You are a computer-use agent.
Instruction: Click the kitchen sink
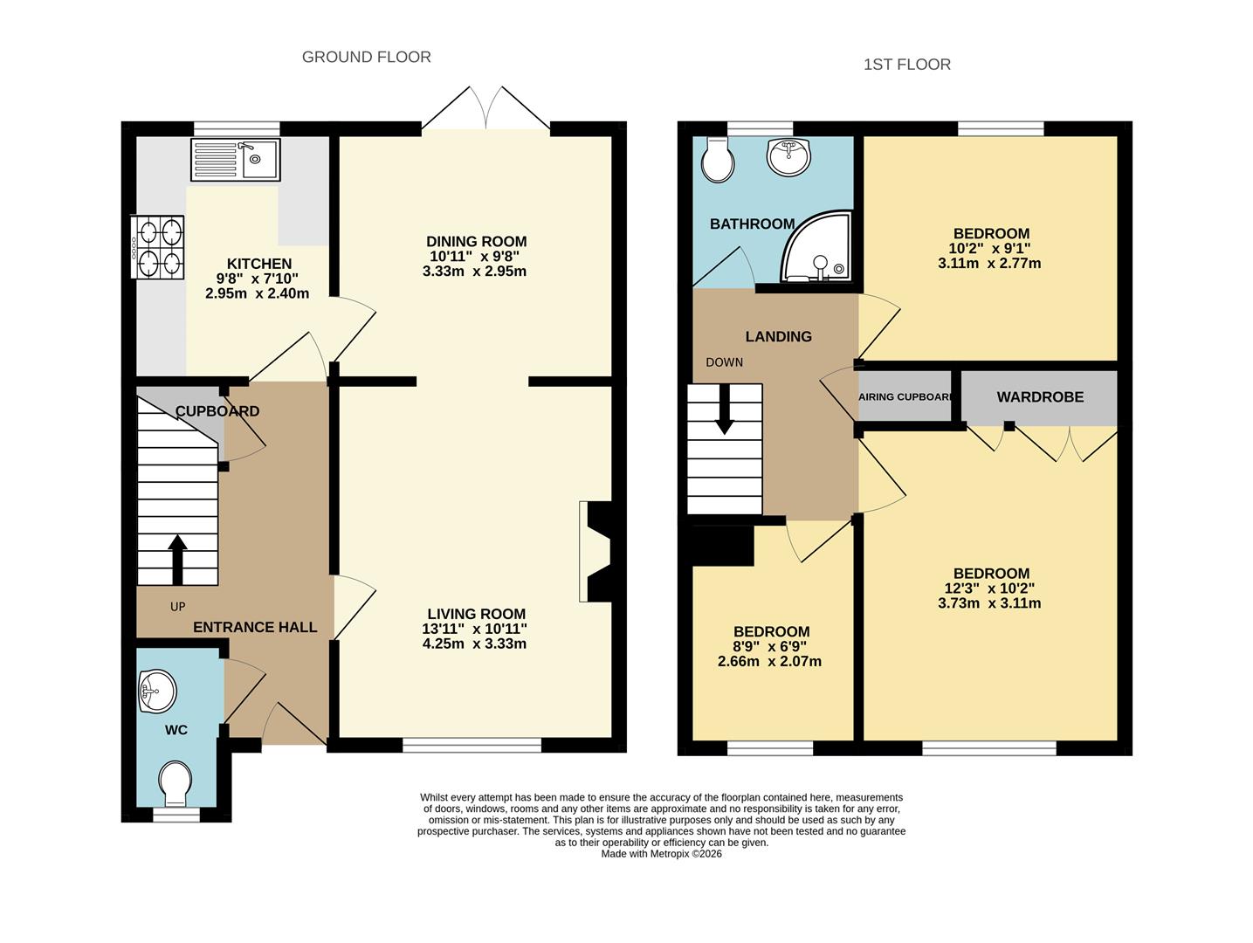pos(235,159)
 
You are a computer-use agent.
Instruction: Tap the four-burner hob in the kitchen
pos(157,247)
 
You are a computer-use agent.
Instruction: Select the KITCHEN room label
pos(259,264)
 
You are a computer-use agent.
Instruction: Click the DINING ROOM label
pos(476,242)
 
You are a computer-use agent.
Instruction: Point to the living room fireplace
pos(595,552)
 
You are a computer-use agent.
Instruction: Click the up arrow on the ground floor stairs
pos(177,560)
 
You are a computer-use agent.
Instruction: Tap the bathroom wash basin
pos(788,155)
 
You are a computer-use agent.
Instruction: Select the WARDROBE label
pos(1040,397)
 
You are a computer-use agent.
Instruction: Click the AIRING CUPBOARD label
pos(905,396)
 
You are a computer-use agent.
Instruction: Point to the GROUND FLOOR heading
pos(367,57)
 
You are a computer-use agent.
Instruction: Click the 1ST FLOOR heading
pos(907,65)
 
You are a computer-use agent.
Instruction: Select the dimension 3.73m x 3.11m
pos(989,603)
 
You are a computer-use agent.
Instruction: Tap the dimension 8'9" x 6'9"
pos(770,647)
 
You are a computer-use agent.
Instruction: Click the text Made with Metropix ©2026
pos(661,854)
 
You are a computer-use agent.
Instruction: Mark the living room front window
pos(472,745)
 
